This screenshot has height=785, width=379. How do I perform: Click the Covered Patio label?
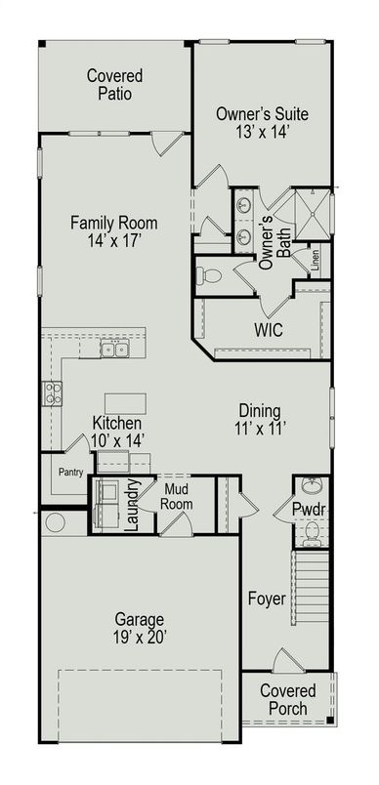(x=114, y=85)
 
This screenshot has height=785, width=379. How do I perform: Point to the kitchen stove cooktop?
(x=52, y=392)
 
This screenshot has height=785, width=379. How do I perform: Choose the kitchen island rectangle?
(x=125, y=403)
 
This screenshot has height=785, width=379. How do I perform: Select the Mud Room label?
(x=177, y=497)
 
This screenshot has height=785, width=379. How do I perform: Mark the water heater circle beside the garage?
(x=55, y=522)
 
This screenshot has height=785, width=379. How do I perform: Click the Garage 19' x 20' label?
(x=138, y=627)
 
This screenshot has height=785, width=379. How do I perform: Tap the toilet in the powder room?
(x=312, y=532)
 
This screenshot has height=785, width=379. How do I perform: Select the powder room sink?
(x=312, y=486)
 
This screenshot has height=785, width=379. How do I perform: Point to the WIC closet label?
(x=268, y=331)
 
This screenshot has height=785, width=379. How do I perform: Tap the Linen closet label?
(x=316, y=260)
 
